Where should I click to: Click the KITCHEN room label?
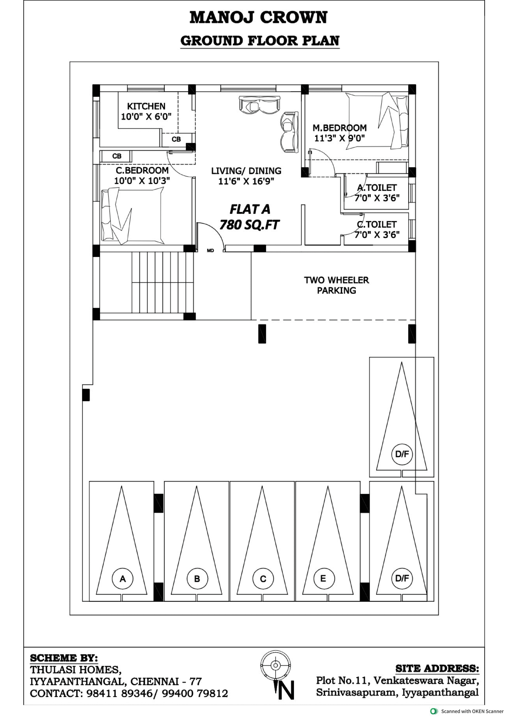(146, 106)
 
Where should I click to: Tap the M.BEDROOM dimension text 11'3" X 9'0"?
(340, 138)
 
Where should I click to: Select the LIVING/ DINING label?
(246, 171)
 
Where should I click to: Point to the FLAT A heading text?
(250, 209)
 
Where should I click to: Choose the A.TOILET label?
(377, 188)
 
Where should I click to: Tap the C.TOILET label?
(377, 224)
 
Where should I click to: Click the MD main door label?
(210, 251)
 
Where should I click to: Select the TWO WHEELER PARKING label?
(336, 285)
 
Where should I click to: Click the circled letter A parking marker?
(123, 579)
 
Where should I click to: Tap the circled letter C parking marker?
(263, 579)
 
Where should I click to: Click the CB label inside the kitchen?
(176, 139)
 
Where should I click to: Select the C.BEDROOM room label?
(142, 170)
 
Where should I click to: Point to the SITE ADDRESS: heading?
(437, 668)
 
